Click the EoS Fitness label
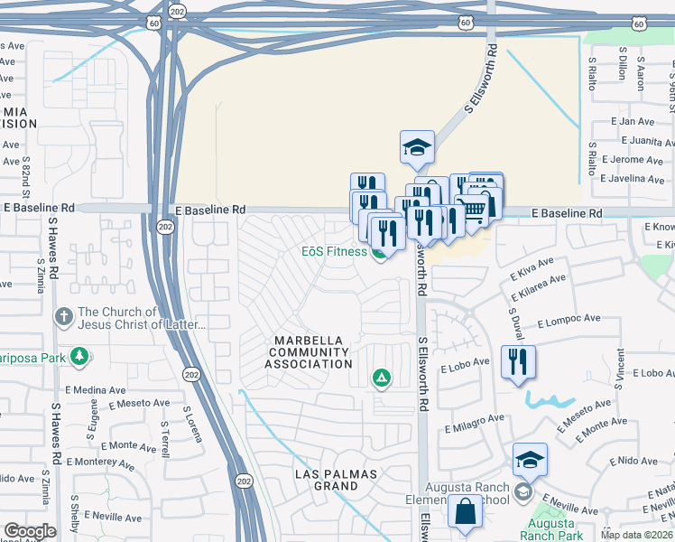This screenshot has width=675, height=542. pos(334,252)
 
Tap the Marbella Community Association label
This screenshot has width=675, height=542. pos(309,352)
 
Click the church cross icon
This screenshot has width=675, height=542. pos(63,317)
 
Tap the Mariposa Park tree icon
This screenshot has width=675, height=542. pos(80,356)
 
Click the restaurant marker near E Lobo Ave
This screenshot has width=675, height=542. pos(518,362)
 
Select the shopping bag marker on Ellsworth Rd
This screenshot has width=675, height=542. pos(465,511)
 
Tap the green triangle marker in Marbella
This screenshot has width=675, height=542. pos(382,378)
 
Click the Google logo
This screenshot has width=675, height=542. pos(30,531)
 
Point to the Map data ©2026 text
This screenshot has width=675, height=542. pos(636,535)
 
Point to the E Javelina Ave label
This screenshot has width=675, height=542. pos(637,179)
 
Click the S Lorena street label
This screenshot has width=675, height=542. pos(190,424)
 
